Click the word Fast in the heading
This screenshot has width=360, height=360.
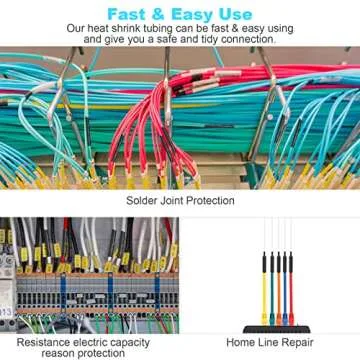click(x=125, y=13)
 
